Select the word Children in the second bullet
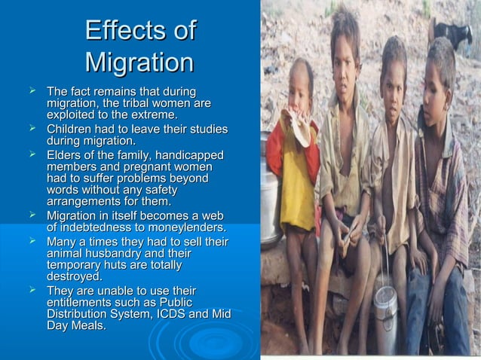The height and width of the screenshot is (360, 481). [x=73, y=129]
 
